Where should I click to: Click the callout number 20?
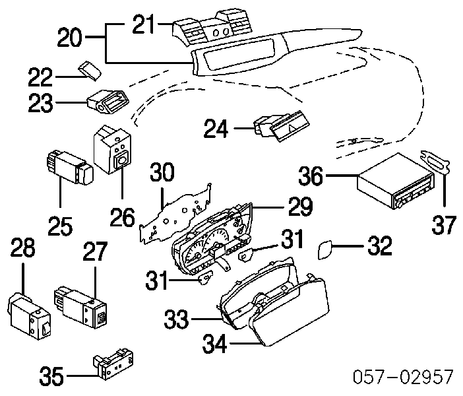(69, 38)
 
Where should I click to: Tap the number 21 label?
(144, 24)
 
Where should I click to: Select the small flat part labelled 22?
(90, 71)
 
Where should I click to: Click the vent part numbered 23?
(108, 101)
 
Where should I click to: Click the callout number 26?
(122, 217)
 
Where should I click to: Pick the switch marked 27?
(80, 306)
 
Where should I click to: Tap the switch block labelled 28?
(28, 317)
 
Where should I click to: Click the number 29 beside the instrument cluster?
(300, 207)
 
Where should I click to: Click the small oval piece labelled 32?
(324, 250)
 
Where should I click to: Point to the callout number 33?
(176, 319)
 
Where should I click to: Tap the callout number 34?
(214, 343)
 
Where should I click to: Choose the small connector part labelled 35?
(113, 364)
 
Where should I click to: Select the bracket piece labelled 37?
(434, 161)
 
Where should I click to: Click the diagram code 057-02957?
(403, 377)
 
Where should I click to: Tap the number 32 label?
(380, 246)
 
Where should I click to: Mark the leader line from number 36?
(342, 176)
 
